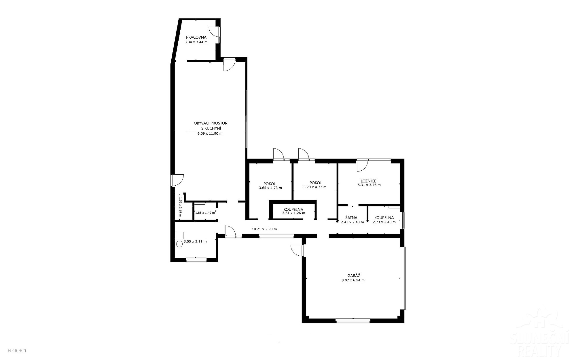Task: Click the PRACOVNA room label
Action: pyautogui.click(x=196, y=37)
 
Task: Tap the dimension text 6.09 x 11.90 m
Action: pyautogui.click(x=210, y=133)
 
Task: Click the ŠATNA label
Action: pyautogui.click(x=351, y=218)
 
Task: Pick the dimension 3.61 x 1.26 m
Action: pyautogui.click(x=293, y=213)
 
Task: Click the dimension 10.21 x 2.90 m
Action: pyautogui.click(x=264, y=229)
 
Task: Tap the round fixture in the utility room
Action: pyautogui.click(x=179, y=244)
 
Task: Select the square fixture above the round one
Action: pyautogui.click(x=180, y=235)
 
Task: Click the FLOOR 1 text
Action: pyautogui.click(x=17, y=351)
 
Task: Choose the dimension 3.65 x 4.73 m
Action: pyautogui.click(x=270, y=188)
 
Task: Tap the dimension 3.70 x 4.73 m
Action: pyautogui.click(x=315, y=187)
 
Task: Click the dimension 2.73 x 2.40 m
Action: pyautogui.click(x=384, y=222)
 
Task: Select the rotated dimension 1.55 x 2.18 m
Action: pyautogui.click(x=180, y=205)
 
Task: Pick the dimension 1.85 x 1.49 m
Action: pyautogui.click(x=205, y=213)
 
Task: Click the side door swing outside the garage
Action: pyautogui.click(x=297, y=250)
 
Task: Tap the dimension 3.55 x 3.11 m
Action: pyautogui.click(x=195, y=242)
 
